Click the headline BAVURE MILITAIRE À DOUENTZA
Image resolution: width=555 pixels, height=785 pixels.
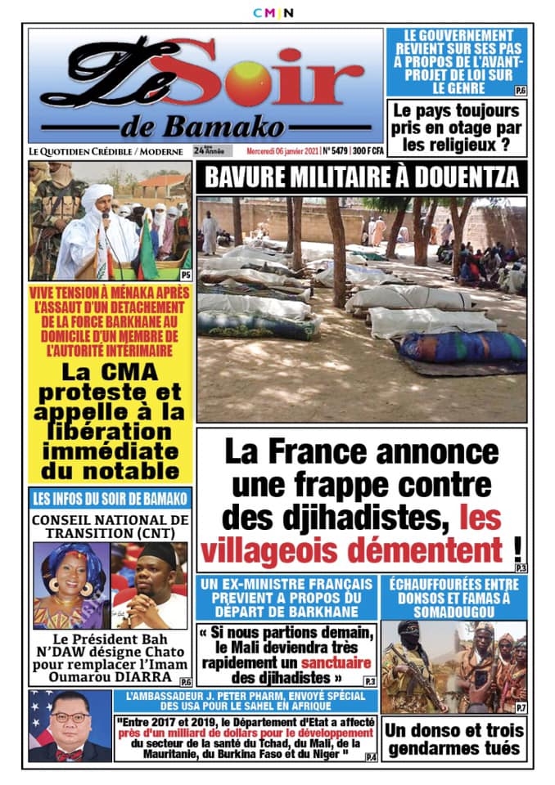point(361,177)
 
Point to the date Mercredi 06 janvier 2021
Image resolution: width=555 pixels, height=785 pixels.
point(282,151)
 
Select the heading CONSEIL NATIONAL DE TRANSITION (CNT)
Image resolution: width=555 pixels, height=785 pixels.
point(111,526)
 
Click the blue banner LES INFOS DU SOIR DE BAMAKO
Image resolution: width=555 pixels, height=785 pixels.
point(111,499)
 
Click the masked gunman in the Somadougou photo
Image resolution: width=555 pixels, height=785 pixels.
point(409,662)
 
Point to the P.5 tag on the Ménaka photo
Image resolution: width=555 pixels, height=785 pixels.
point(186,275)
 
